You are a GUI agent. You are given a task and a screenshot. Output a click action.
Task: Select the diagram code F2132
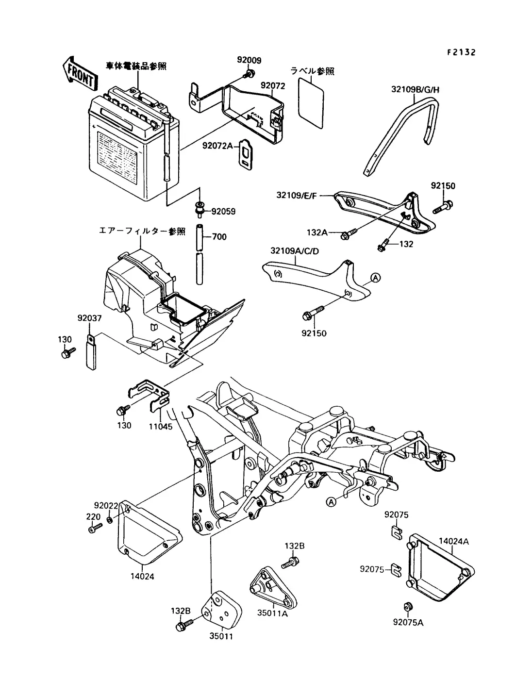pyautogui.click(x=461, y=52)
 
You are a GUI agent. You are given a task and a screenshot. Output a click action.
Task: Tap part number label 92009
pyautogui.click(x=249, y=60)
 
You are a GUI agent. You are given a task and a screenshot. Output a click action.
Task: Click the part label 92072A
pyautogui.click(x=217, y=146)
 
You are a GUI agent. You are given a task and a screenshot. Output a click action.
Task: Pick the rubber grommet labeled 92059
pyautogui.click(x=199, y=209)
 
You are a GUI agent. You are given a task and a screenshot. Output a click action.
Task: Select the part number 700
pyautogui.click(x=219, y=237)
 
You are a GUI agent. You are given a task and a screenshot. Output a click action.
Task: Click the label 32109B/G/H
pyautogui.click(x=416, y=90)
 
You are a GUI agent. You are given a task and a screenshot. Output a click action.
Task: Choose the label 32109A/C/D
pyautogui.click(x=295, y=251)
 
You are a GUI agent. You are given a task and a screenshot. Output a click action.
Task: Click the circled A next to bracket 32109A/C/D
pyautogui.click(x=375, y=278)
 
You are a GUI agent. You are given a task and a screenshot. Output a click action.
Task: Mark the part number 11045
pyautogui.click(x=161, y=427)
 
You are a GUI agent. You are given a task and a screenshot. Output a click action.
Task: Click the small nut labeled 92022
pyautogui.click(x=110, y=520)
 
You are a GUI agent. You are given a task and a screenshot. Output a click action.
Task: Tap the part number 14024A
pyautogui.click(x=453, y=541)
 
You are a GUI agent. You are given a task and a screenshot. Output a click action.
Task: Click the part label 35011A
pyautogui.click(x=272, y=613)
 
